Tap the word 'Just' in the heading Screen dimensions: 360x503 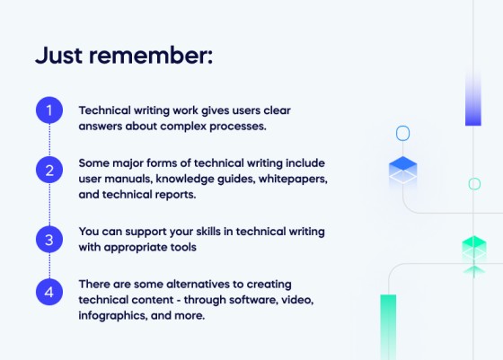pyautogui.click(x=63, y=56)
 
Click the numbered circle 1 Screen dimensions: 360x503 pyautogui.click(x=49, y=111)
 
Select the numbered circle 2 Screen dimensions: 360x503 pyautogui.click(x=49, y=170)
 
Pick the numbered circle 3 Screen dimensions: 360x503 pyautogui.click(x=49, y=240)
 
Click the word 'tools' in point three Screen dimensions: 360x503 pyautogui.click(x=207, y=245)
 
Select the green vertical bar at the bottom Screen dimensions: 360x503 pyautogui.click(x=388, y=327)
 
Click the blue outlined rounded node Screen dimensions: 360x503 pyautogui.click(x=402, y=134)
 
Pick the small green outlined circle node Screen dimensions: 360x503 pyautogui.click(x=474, y=184)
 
